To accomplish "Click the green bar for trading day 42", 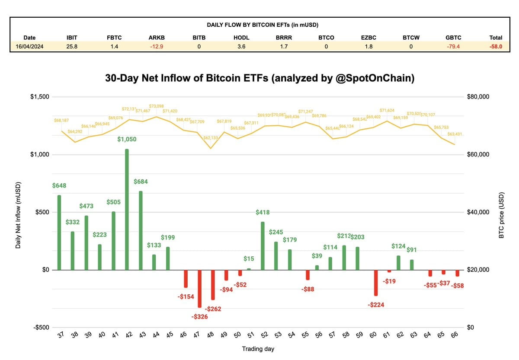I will [127, 210].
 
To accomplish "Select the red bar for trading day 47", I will [199, 289].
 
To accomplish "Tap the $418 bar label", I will [263, 212].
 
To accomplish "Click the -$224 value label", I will [376, 305].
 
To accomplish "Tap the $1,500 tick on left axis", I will [39, 97].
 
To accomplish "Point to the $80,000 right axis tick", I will [478, 97].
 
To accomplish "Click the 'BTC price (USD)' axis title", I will [501, 212].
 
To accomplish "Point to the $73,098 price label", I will [157, 106].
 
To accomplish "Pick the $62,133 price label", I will [211, 137].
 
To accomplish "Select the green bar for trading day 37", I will [59, 233].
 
